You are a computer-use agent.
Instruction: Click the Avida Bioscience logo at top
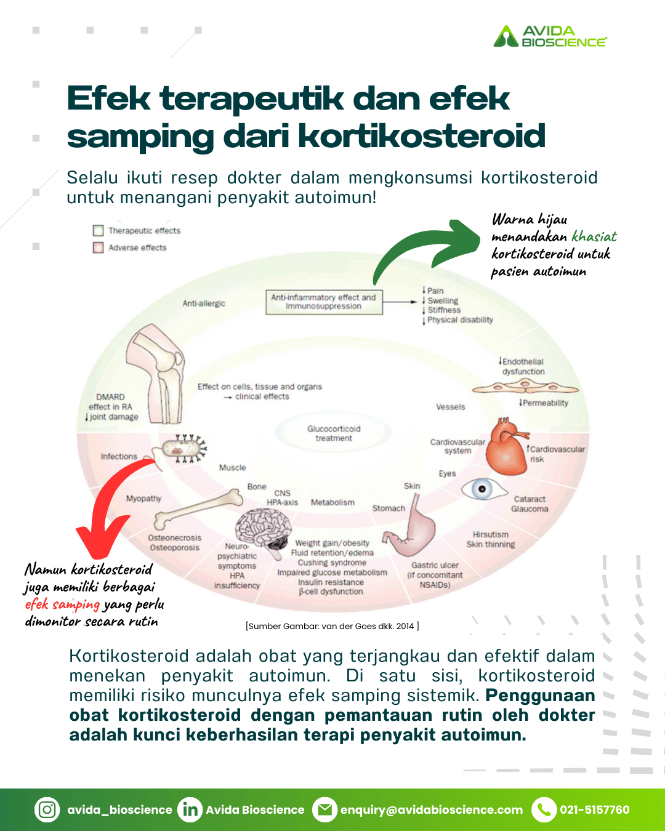click(550, 36)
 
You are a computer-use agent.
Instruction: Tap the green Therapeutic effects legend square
click(98, 231)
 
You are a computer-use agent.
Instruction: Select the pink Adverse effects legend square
click(98, 247)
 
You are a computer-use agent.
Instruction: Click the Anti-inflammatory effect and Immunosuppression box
click(324, 302)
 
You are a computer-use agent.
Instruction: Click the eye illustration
click(484, 489)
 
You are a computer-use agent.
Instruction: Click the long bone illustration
click(198, 510)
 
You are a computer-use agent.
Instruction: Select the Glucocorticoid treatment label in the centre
click(334, 433)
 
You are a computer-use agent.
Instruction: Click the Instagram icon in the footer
click(47, 809)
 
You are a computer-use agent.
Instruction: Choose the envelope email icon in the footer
click(325, 809)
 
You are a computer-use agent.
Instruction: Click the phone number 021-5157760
click(595, 809)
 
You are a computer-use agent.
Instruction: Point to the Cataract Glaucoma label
click(530, 504)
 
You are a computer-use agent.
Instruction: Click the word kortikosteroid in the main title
click(422, 136)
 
